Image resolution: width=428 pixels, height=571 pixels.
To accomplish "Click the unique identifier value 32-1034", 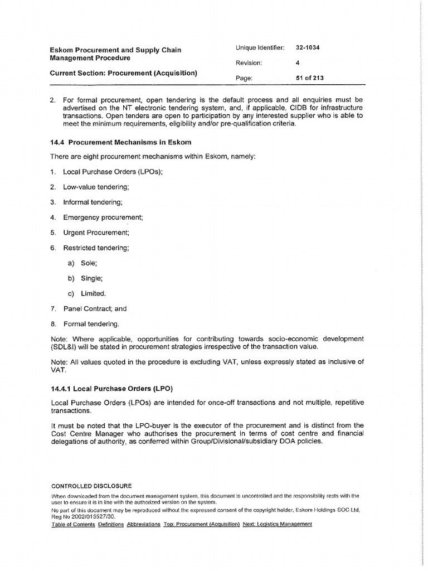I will coord(308,48).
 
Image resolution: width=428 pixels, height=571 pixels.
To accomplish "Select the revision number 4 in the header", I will coord(298,63).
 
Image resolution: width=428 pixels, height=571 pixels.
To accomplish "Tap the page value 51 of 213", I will coord(310,78).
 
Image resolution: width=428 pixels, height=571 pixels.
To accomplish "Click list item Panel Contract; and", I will coord(95,308).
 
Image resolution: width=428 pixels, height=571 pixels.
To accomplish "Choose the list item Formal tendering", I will coord(91,323).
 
